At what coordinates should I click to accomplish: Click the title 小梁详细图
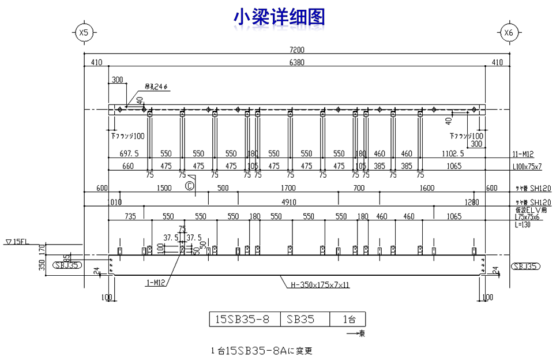click(x=279, y=17)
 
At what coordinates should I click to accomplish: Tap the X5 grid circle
click(x=84, y=33)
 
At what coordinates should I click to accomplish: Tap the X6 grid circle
click(x=508, y=33)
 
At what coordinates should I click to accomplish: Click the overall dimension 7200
click(x=297, y=50)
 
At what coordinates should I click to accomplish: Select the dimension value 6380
click(x=296, y=62)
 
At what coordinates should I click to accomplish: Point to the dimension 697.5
click(x=129, y=154)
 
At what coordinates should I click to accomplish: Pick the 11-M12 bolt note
click(x=523, y=154)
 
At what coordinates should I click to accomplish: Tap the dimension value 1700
click(x=288, y=188)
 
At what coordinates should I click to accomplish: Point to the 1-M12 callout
click(x=155, y=283)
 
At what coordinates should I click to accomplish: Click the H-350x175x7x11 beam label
click(x=320, y=284)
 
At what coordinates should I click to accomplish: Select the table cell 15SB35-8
click(x=243, y=319)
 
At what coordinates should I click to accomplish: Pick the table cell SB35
click(x=302, y=319)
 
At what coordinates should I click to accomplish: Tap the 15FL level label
click(x=17, y=242)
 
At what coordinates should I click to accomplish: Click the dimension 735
click(x=130, y=216)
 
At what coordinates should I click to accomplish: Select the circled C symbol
click(x=189, y=186)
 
